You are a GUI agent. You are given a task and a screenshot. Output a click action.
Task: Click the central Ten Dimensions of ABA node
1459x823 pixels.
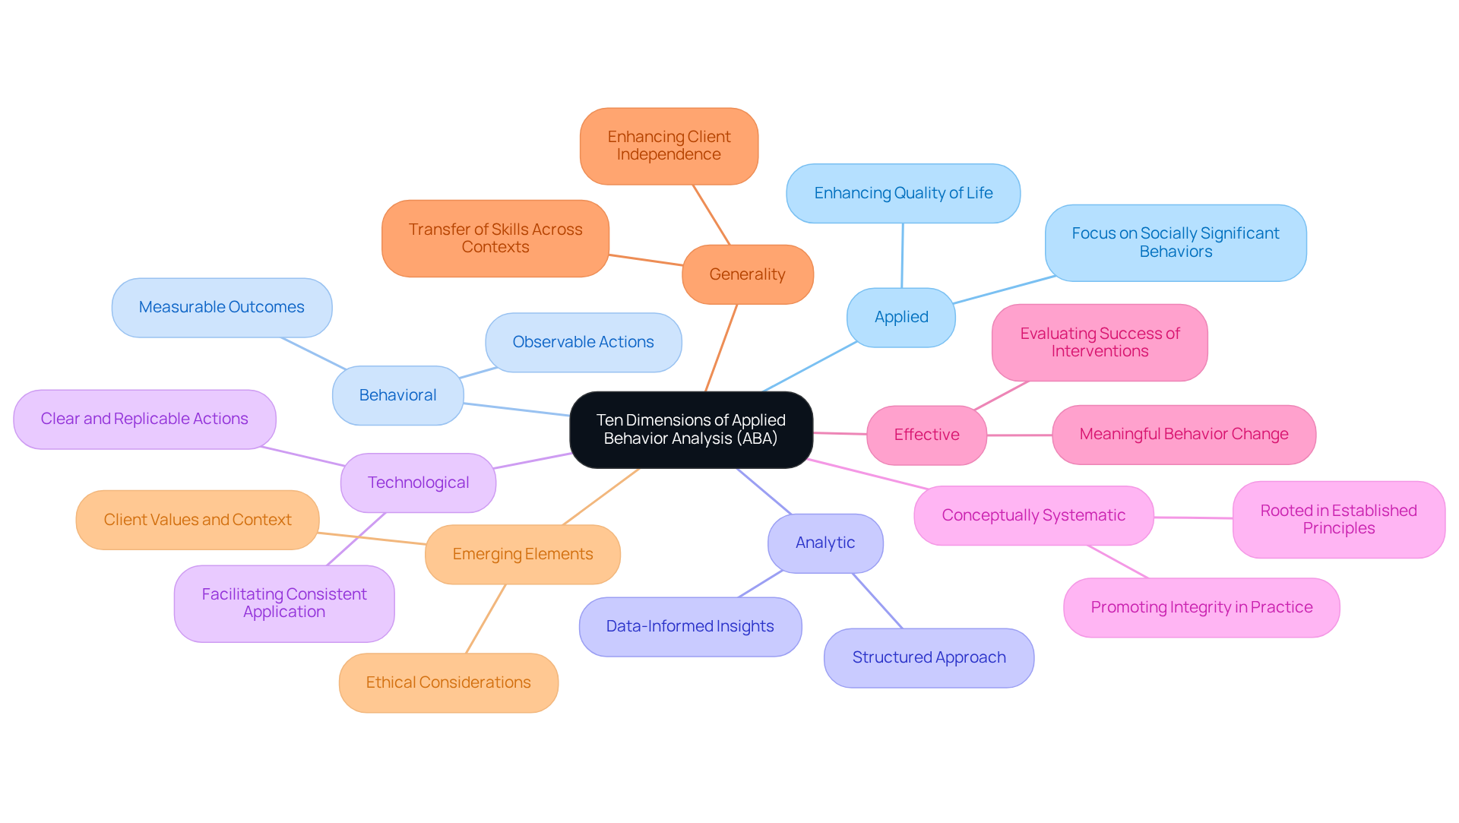691,429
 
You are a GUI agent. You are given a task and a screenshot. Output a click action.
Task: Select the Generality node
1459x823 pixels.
747,274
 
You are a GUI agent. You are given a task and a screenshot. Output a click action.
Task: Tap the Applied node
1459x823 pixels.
901,317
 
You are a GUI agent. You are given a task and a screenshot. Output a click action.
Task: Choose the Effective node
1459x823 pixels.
926,435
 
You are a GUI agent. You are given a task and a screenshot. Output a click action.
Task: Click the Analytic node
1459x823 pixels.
825,543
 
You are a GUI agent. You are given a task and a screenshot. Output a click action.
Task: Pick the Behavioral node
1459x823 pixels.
397,395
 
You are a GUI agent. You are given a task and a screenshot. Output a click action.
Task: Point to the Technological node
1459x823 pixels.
418,483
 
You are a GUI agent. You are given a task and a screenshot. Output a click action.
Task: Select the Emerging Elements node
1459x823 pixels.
523,554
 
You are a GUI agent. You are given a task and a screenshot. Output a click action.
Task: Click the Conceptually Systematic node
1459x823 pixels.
1033,515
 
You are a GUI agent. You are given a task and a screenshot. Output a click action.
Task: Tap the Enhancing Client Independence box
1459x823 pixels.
669,146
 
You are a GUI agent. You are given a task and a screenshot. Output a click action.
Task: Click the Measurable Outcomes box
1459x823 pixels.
221,307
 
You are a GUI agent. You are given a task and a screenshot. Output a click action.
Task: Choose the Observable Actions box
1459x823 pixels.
583,342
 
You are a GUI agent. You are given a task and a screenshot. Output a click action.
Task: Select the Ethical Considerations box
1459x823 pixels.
448,682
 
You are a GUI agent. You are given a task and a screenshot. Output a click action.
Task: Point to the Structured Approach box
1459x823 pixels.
929,657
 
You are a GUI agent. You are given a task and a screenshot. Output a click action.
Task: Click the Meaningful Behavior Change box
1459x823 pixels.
1183,434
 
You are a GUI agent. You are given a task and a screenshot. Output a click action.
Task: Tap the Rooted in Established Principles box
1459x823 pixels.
1338,519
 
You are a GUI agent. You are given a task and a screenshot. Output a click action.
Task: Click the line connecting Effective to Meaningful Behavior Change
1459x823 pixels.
1019,435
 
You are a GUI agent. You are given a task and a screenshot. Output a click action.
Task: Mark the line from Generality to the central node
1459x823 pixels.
721,348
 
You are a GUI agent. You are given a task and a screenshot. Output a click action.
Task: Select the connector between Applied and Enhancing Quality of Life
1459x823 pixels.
902,255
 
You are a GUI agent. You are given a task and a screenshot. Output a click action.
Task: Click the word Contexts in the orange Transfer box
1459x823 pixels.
495,247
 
